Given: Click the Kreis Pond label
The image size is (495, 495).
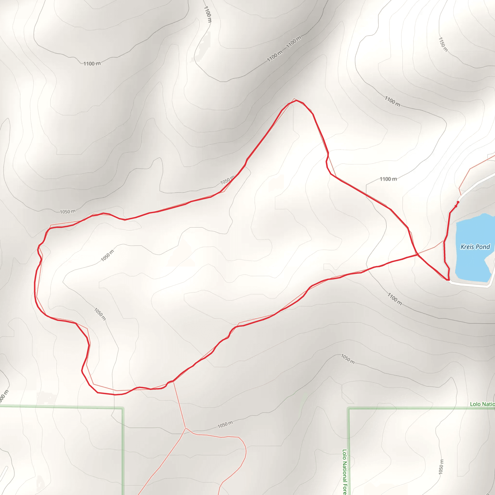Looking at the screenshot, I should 475,247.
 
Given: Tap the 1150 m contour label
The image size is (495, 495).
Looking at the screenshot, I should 443,44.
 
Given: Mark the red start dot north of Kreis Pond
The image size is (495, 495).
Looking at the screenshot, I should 458,202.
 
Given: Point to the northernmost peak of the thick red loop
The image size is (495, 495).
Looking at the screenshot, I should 296,101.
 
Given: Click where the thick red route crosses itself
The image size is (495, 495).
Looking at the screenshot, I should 417,255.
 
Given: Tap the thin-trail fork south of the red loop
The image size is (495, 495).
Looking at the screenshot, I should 185,428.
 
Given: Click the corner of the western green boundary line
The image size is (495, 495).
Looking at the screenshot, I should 123,408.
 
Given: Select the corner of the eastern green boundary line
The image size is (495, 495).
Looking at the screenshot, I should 349,408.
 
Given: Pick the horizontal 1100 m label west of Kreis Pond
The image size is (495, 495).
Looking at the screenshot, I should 388,179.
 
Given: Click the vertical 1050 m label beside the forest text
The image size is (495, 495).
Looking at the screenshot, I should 441,466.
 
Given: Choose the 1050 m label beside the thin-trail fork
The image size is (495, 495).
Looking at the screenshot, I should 225,424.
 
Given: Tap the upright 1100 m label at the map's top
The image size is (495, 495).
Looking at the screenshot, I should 208,14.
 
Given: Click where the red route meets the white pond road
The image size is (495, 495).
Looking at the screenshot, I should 449,280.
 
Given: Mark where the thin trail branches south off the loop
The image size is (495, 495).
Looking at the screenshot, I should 174,381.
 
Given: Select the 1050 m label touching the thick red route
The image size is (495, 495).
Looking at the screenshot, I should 227,180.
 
